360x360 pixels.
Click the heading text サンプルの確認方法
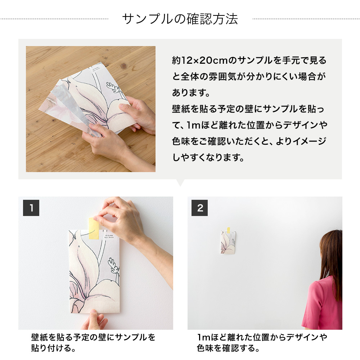coord(180,19)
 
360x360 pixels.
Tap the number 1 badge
coord(31,208)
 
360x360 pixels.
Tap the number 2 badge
coord(200,208)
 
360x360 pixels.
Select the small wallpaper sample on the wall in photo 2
coord(228,243)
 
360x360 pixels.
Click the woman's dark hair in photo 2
coord(333,259)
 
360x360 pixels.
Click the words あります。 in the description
coord(191,93)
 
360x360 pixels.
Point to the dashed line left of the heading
coord(54,19)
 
